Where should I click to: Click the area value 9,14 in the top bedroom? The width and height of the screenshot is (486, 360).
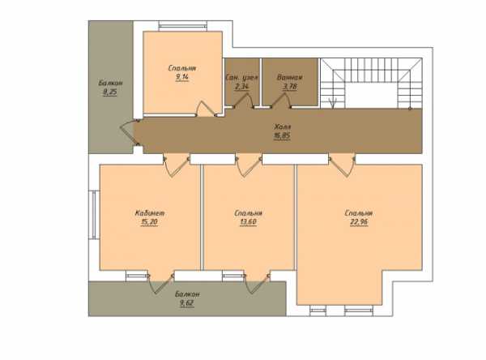coord(182,77)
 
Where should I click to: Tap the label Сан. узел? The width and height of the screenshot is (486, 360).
coord(241,78)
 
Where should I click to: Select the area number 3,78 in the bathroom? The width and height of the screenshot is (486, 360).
coord(290,87)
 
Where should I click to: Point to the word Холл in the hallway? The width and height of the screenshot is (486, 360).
coord(283,126)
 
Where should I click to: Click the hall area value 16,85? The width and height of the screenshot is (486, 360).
coord(282,135)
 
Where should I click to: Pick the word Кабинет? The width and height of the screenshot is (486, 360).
coord(150,213)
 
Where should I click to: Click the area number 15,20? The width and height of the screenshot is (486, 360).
coord(149,222)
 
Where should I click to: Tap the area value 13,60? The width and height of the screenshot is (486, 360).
coord(249,222)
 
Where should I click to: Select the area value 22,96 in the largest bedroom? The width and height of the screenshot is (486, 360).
coord(359,222)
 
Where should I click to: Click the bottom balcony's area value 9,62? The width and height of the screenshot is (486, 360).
coord(187,303)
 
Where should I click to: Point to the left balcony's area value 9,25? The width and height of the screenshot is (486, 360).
coord(110,92)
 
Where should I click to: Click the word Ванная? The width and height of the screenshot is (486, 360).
coord(290,78)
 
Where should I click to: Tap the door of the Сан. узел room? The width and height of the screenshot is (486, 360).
coord(243,101)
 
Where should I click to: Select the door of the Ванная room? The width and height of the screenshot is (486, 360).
coord(281,101)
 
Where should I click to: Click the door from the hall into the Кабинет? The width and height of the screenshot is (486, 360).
coord(176,167)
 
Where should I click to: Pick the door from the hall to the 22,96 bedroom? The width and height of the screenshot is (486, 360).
coord(342,167)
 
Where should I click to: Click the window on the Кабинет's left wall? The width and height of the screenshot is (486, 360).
coord(94,215)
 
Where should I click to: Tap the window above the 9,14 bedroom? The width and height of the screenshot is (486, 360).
coord(182,26)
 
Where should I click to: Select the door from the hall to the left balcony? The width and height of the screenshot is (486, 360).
coord(127,133)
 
